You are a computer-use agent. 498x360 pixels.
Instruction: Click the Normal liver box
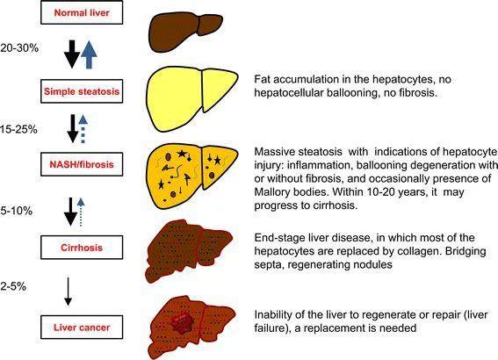[x=82, y=12]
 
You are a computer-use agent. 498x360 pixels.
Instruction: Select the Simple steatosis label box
[x=82, y=91]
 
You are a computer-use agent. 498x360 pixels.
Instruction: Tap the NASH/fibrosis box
[x=82, y=164]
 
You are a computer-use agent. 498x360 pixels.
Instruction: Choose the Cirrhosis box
[x=82, y=248]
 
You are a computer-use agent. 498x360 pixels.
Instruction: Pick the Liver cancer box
[x=82, y=328]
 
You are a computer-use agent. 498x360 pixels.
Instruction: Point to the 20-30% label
[x=19, y=48]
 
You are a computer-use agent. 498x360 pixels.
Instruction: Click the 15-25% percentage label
[x=18, y=130]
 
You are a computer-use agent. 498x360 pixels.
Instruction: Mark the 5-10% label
[x=16, y=211]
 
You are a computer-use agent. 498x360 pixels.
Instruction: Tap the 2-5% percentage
[x=13, y=286]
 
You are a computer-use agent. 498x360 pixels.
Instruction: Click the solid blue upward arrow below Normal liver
[x=89, y=54]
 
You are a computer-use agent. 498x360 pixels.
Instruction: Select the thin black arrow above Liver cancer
[x=68, y=292]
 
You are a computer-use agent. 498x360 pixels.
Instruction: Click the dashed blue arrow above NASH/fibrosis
[x=83, y=128]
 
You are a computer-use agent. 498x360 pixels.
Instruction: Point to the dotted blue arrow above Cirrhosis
[x=81, y=212]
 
